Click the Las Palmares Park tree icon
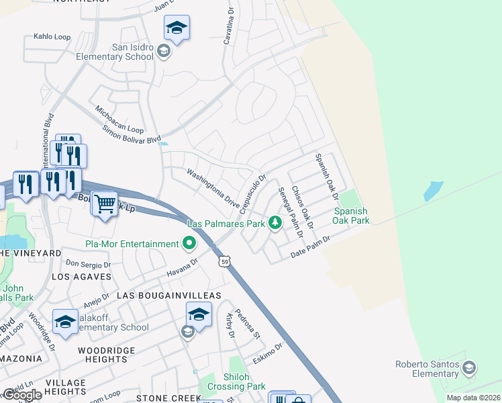274,223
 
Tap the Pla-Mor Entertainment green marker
190,243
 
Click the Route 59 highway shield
223,260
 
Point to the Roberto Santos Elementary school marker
469,368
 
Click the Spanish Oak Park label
351,216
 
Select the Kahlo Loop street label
52,36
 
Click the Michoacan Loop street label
119,119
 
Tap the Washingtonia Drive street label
213,191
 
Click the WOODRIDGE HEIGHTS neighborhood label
107,355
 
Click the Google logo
22,395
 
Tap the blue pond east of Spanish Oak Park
434,191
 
